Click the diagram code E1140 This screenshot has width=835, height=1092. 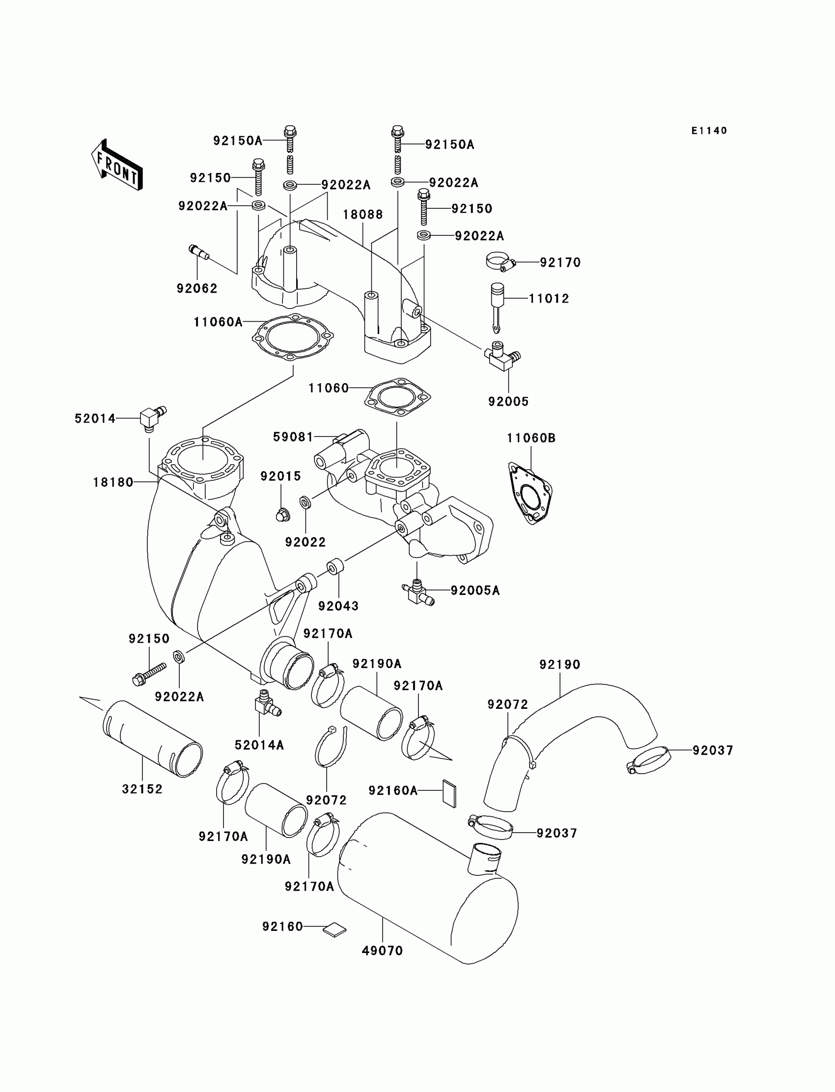click(709, 131)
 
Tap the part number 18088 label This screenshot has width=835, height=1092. click(363, 215)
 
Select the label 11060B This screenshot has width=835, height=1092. click(531, 438)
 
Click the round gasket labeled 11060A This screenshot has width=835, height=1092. click(293, 338)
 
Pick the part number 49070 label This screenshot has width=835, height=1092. click(382, 951)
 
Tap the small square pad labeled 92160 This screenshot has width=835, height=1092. click(334, 929)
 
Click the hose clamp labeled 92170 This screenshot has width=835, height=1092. click(500, 262)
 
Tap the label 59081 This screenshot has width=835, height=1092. click(293, 437)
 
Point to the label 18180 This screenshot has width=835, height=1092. click(113, 482)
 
